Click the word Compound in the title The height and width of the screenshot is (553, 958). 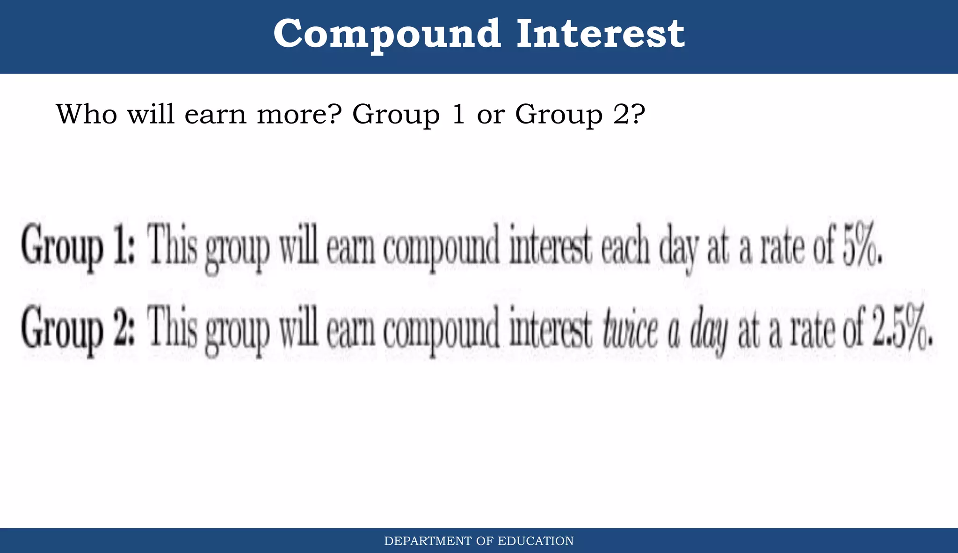(387, 34)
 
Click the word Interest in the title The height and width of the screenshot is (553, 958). (601, 34)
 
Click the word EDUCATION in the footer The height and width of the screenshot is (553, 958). (536, 541)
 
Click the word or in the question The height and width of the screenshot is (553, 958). (491, 115)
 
